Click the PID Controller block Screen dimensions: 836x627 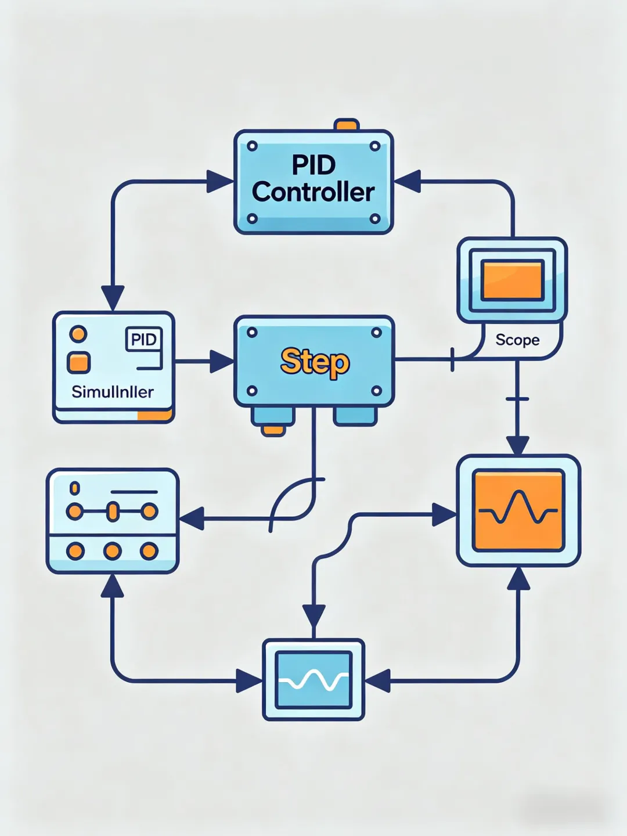pyautogui.click(x=313, y=181)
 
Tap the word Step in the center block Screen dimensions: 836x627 pyautogui.click(x=315, y=362)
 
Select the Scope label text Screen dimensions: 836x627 pyautogui.click(x=517, y=340)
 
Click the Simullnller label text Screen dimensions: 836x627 pyautogui.click(x=113, y=392)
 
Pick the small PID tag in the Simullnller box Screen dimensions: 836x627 pyautogui.click(x=143, y=339)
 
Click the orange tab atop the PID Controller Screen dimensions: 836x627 pyautogui.click(x=347, y=125)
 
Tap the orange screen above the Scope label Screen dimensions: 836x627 pyautogui.click(x=512, y=280)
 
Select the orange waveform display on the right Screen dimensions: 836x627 pyautogui.click(x=518, y=510)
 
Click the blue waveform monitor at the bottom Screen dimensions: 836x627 pyautogui.click(x=313, y=680)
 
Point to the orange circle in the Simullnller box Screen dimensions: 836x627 pyautogui.click(x=78, y=334)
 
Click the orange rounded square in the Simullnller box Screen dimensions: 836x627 pyautogui.click(x=79, y=362)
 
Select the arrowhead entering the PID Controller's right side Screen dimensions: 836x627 pyautogui.click(x=408, y=181)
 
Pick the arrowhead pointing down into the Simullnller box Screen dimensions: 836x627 pyautogui.click(x=113, y=297)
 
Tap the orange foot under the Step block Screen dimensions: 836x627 pyautogui.click(x=272, y=430)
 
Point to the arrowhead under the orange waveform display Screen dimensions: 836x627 pyautogui.click(x=518, y=579)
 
